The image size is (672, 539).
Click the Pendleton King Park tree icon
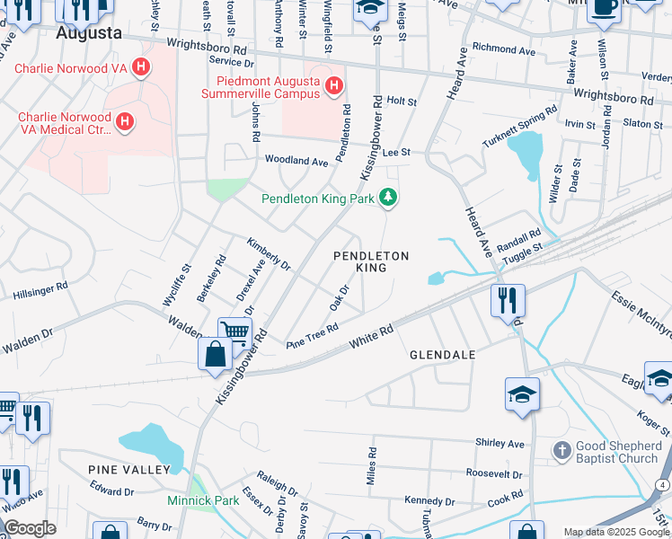[388, 196]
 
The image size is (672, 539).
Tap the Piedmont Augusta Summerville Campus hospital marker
[333, 86]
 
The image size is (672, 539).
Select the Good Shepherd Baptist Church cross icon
[561, 451]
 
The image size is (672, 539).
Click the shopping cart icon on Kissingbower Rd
[235, 332]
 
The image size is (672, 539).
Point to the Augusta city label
[89, 33]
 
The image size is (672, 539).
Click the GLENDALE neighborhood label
[442, 355]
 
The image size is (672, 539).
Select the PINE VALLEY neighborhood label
[129, 470]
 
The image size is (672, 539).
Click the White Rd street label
[372, 340]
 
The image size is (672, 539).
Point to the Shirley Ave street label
[500, 444]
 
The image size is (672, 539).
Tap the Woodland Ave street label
[296, 161]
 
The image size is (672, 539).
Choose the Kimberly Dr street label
[269, 254]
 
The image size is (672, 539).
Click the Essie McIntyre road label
[641, 314]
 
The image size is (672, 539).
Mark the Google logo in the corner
[30, 528]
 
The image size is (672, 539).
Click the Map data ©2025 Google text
[616, 532]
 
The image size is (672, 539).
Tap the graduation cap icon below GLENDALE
[522, 396]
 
